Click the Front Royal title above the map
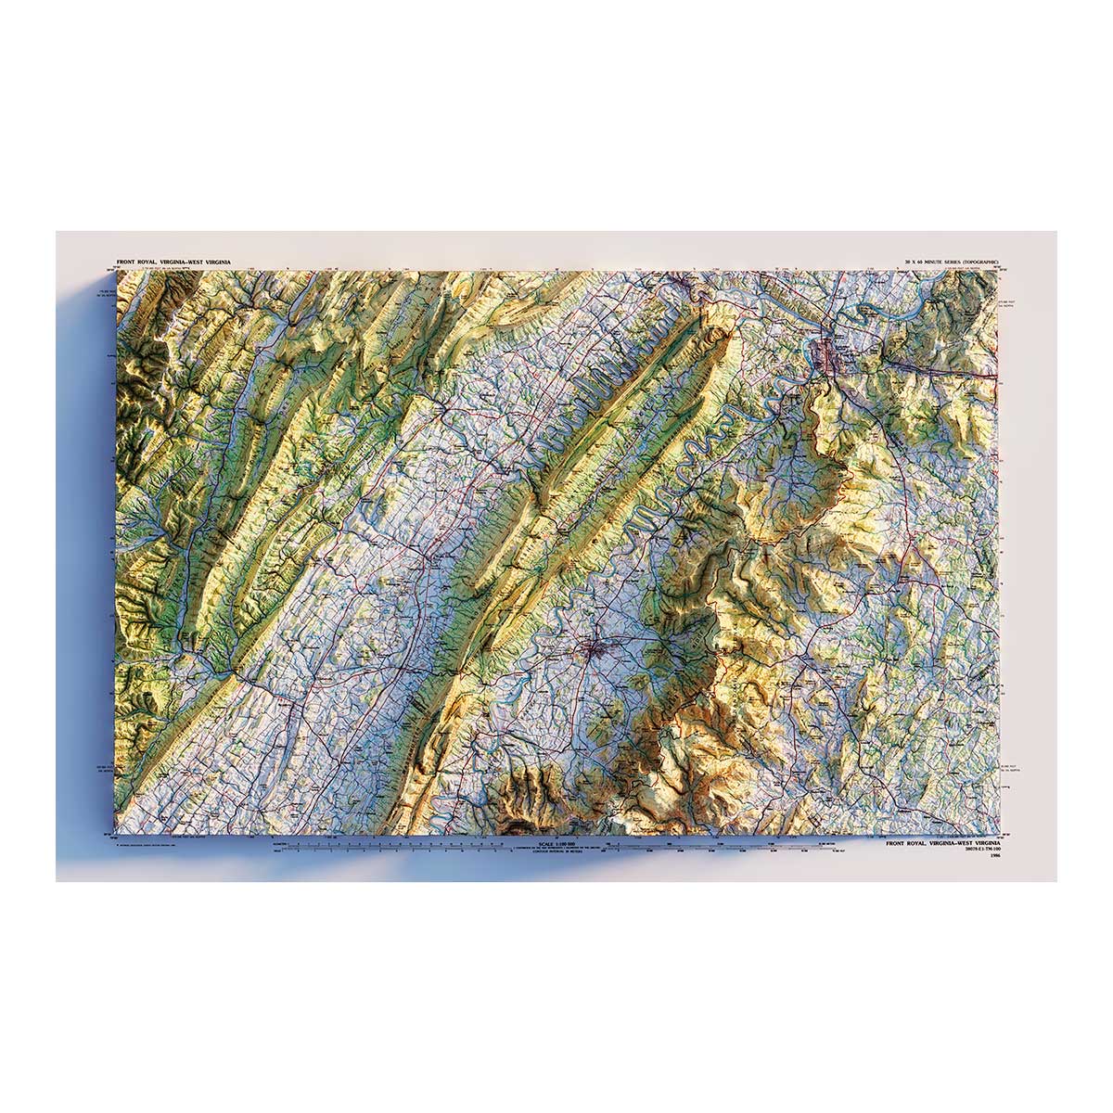(x=173, y=263)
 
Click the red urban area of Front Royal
(x=825, y=352)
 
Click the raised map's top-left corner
(x=114, y=271)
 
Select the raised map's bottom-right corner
(x=1000, y=835)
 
